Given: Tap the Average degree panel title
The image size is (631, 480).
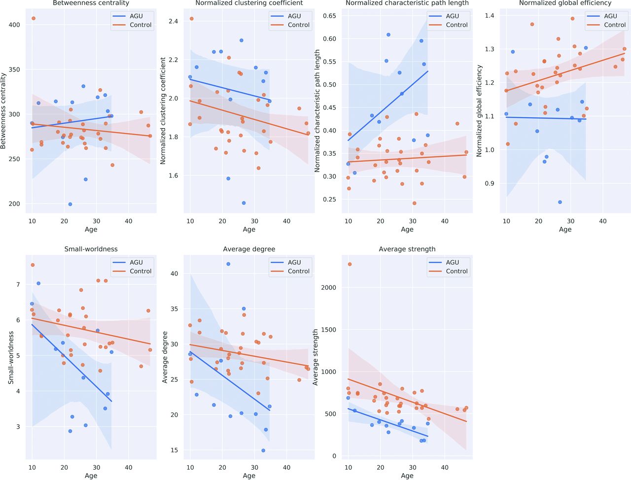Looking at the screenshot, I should (249, 249).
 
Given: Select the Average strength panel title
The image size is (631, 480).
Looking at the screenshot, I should (407, 249).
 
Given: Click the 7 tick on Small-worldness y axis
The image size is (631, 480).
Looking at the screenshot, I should (18, 284).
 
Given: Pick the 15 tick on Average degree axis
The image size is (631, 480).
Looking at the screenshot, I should (174, 450).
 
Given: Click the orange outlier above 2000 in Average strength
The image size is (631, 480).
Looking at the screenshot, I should (350, 264).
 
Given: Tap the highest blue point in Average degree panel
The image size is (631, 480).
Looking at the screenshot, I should (228, 264).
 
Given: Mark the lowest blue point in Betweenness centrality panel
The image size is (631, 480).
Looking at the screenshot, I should (70, 204).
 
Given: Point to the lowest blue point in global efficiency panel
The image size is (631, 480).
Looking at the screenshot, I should (560, 202).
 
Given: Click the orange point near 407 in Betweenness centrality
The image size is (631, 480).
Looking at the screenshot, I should (33, 18).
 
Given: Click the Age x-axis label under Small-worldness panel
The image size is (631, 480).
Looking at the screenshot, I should (91, 476).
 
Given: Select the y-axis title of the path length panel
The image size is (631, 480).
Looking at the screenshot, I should (317, 111).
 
